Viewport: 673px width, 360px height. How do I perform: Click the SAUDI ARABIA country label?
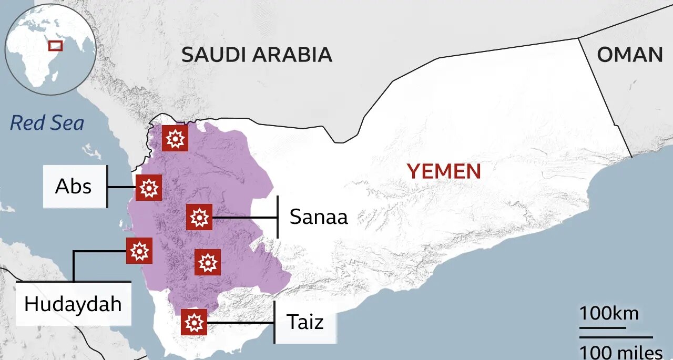pyautogui.click(x=257, y=55)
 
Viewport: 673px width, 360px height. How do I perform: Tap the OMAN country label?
pyautogui.click(x=629, y=55)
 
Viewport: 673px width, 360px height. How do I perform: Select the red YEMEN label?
pyautogui.click(x=444, y=171)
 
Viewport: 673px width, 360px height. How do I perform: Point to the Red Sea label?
pyautogui.click(x=47, y=123)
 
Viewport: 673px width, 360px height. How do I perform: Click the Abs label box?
pyautogui.click(x=73, y=186)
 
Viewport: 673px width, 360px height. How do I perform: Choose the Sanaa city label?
pyautogui.click(x=319, y=217)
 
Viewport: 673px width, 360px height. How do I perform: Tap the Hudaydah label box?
pyautogui.click(x=73, y=304)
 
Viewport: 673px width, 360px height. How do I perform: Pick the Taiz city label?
pyautogui.click(x=305, y=322)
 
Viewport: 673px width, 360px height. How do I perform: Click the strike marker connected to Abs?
pyautogui.click(x=148, y=187)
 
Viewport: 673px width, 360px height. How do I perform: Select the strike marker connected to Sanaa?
pyautogui.click(x=199, y=217)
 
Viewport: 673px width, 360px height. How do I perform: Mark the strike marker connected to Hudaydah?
pyautogui.click(x=139, y=251)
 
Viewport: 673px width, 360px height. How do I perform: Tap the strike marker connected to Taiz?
pyautogui.click(x=194, y=322)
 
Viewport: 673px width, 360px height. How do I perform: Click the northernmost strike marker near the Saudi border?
pyautogui.click(x=175, y=138)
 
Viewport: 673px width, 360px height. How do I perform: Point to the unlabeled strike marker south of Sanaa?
pyautogui.click(x=208, y=262)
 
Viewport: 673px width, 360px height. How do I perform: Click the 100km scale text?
pyautogui.click(x=609, y=314)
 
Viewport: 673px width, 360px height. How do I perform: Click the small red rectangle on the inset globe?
pyautogui.click(x=55, y=46)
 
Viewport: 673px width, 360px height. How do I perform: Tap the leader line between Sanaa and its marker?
pyautogui.click(x=244, y=217)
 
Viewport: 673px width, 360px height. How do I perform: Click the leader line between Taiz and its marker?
pyautogui.click(x=240, y=322)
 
